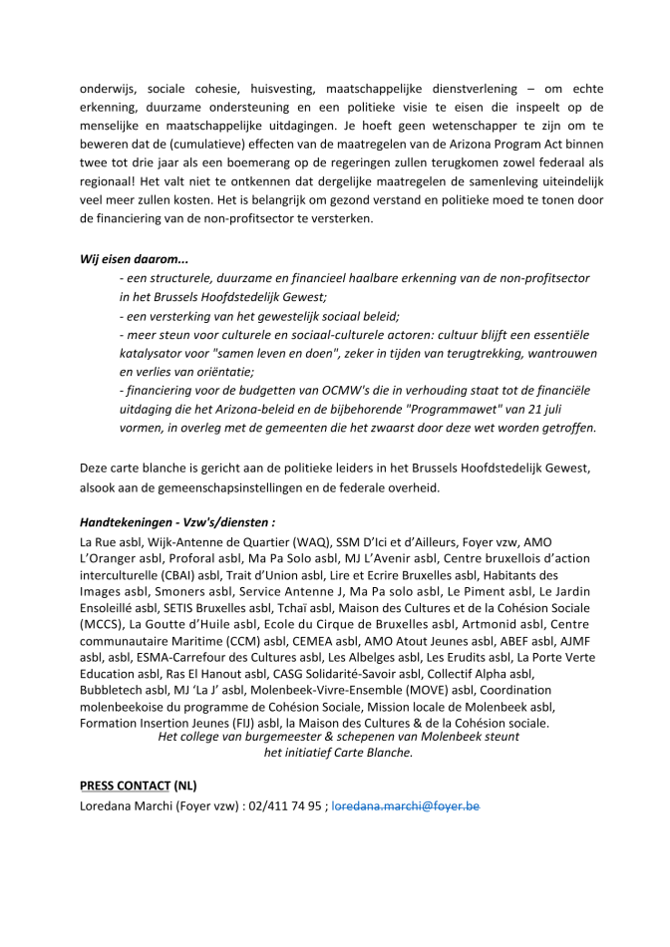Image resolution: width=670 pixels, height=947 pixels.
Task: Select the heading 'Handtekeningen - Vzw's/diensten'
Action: pos(177,520)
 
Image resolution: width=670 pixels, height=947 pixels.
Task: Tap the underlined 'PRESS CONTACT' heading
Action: pos(125,785)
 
